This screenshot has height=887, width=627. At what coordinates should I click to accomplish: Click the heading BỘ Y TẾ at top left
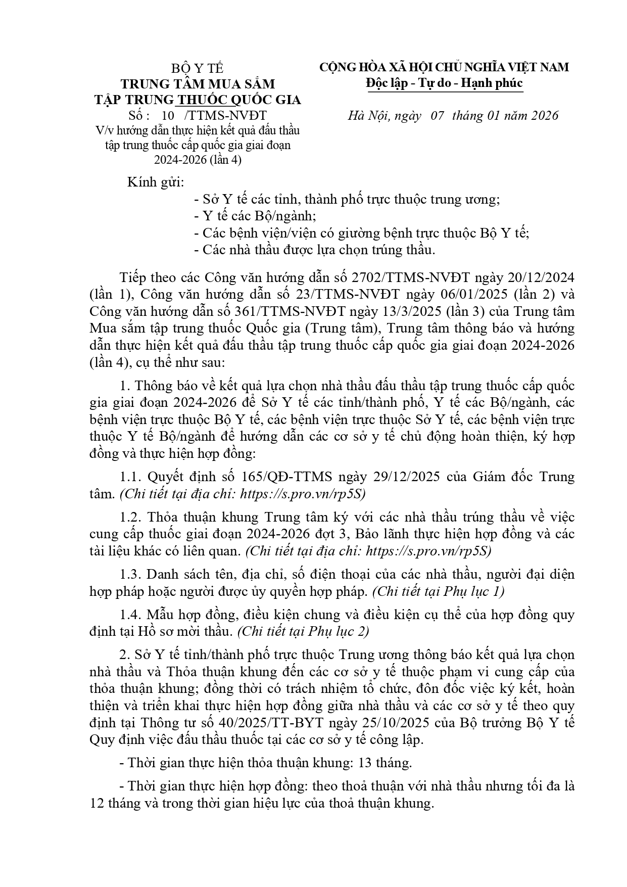click(x=197, y=68)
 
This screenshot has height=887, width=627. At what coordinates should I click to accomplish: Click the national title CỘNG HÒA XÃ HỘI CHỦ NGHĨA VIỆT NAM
click(x=444, y=67)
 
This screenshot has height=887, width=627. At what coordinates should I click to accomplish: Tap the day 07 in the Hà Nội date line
click(x=437, y=116)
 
